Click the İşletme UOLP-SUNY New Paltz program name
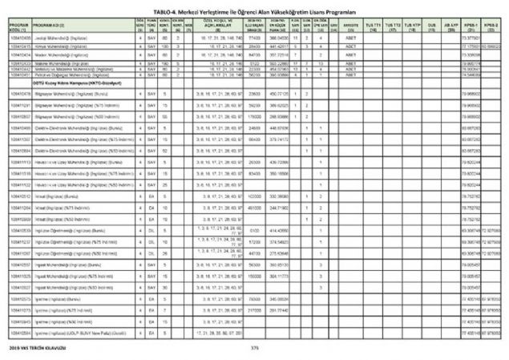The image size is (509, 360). tap(80, 331)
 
